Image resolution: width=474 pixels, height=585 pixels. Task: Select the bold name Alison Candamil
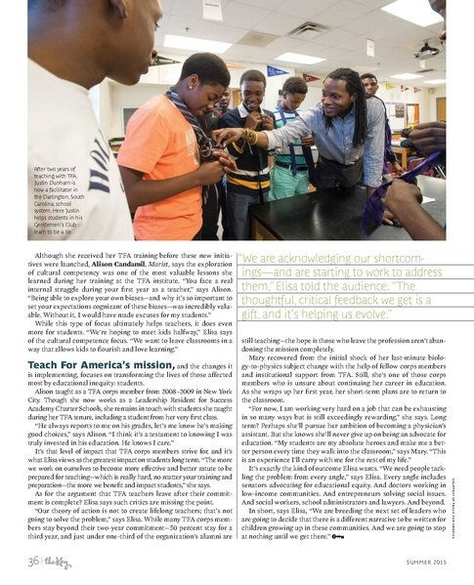117,264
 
